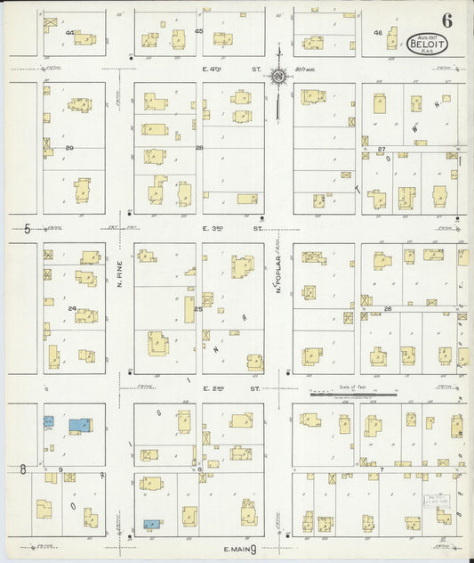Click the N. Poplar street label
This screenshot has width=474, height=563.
[277, 276]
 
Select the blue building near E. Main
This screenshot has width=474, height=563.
[152, 525]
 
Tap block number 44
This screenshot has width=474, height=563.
[69, 32]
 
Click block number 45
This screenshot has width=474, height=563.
[198, 32]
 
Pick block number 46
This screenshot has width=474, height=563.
[377, 33]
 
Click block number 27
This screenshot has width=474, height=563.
[382, 149]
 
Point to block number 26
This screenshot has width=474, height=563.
[388, 309]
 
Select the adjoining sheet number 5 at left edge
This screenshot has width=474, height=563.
[28, 228]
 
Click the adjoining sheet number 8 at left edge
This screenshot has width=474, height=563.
[22, 469]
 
